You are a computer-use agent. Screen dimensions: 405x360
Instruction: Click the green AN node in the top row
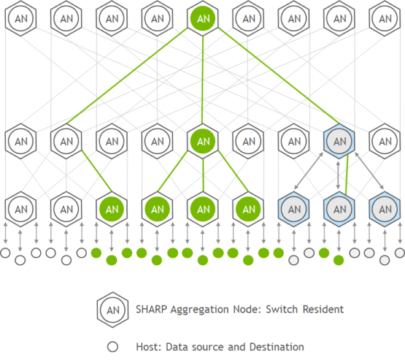pos(203,18)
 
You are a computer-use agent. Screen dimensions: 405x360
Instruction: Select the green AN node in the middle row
pos(203,141)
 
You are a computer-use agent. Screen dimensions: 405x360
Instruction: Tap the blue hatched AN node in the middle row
pos(339,141)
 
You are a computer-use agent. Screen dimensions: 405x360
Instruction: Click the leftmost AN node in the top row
pos(21,18)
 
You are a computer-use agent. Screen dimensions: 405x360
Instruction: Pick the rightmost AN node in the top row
pos(385,18)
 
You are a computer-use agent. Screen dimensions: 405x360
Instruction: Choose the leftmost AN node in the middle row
pos(21,141)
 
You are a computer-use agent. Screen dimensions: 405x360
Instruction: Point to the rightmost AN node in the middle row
pos(385,141)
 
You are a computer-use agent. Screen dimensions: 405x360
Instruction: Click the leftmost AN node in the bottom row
pos(21,209)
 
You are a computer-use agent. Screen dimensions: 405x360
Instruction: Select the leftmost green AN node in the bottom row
pos(111,209)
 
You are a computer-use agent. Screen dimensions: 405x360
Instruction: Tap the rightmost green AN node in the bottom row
pos(248,209)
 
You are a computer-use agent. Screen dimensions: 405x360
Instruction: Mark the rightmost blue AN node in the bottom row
pos(385,209)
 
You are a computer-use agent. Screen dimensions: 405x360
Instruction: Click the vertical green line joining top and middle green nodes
pos(202,80)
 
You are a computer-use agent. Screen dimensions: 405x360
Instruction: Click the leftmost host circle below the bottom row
pos(5,253)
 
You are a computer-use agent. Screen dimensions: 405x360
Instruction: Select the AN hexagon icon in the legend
pos(113,309)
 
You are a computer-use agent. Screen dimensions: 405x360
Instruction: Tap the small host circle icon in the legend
pos(113,347)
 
